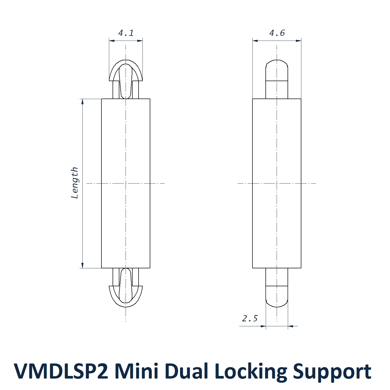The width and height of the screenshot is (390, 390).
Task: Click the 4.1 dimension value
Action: click(x=126, y=33)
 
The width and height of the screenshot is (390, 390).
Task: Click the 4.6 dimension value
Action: click(x=277, y=33)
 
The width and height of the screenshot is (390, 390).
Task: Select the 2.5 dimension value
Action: click(x=250, y=318)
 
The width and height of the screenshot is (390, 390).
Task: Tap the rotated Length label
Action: click(x=75, y=183)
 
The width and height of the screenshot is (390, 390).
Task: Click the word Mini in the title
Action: click(x=136, y=371)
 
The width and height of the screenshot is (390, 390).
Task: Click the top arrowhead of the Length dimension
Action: click(x=82, y=101)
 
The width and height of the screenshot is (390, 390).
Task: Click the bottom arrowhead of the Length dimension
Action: click(x=82, y=265)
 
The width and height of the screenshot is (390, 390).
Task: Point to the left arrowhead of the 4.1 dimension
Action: click(x=112, y=41)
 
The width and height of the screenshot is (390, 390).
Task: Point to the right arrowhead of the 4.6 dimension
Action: click(x=298, y=41)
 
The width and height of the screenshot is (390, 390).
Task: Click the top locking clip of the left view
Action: click(x=126, y=75)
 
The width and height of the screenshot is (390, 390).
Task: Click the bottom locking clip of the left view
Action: click(x=126, y=291)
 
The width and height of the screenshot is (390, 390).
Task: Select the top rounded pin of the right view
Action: click(x=277, y=75)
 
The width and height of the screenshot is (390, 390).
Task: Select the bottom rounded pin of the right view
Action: click(x=277, y=291)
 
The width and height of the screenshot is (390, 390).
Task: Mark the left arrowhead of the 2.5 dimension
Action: click(x=263, y=326)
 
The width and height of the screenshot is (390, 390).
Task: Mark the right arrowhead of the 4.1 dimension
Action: click(x=140, y=41)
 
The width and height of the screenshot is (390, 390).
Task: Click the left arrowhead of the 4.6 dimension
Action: click(x=255, y=41)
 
